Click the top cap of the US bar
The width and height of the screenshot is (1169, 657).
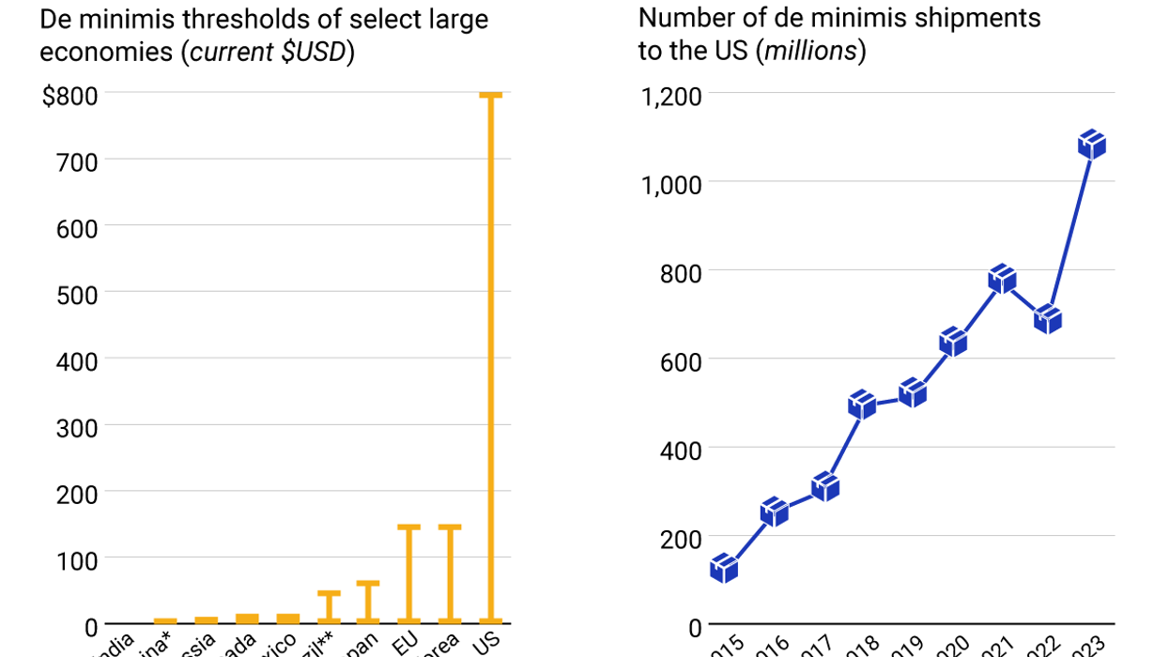pyautogui.click(x=491, y=95)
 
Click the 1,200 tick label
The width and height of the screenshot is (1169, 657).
pyautogui.click(x=671, y=95)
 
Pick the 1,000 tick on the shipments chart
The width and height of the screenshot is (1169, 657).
pyautogui.click(x=671, y=184)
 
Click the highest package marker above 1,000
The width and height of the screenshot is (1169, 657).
pyautogui.click(x=1092, y=145)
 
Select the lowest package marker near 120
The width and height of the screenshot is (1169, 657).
pyautogui.click(x=724, y=568)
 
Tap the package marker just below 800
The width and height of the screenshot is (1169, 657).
pyautogui.click(x=1002, y=279)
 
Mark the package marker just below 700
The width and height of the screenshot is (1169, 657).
pyautogui.click(x=1047, y=320)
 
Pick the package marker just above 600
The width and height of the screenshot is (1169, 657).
pyautogui.click(x=953, y=342)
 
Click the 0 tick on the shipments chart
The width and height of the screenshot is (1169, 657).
pyautogui.click(x=695, y=627)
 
